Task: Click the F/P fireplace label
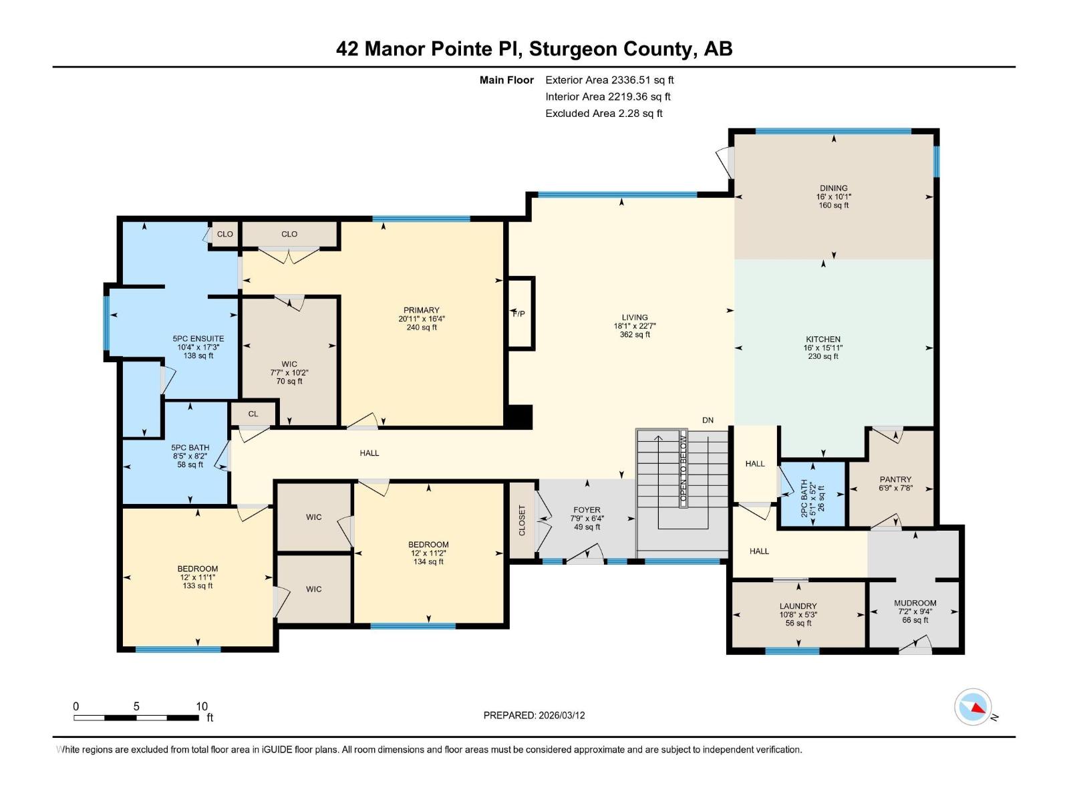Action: (518, 314)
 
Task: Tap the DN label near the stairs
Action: (708, 420)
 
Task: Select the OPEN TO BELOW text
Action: (683, 469)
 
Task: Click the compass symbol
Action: (973, 707)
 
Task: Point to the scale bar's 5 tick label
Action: (136, 706)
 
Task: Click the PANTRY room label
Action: (895, 480)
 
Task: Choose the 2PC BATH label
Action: (804, 499)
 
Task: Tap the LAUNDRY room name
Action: (798, 606)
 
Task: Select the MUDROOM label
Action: (915, 604)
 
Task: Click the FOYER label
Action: (587, 510)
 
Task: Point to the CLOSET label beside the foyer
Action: (522, 521)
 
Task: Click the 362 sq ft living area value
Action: (635, 335)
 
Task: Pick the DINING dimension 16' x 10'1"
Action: (834, 196)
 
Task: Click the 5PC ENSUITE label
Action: (198, 339)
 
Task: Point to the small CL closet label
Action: (253, 414)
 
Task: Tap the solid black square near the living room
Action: (520, 417)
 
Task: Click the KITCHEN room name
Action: (823, 340)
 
